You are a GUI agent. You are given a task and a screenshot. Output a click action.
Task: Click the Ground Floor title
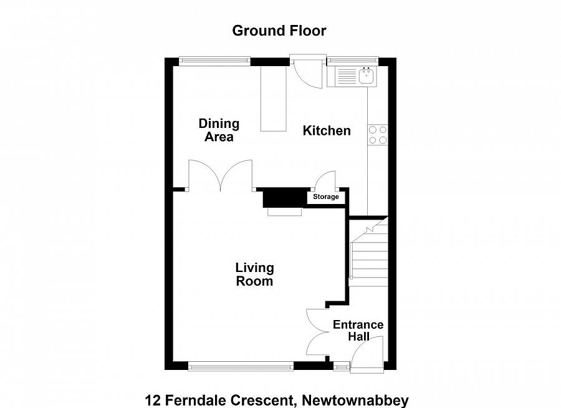tap(279, 31)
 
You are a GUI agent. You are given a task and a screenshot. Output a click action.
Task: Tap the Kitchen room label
tap(327, 130)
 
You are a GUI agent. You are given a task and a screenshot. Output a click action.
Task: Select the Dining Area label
tap(219, 130)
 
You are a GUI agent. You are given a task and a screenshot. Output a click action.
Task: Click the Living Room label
tap(254, 274)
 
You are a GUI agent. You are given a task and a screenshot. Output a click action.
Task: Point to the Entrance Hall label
tap(358, 331)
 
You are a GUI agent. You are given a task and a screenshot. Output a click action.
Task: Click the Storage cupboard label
tap(326, 197)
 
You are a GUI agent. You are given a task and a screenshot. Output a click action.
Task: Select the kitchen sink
tap(367, 77)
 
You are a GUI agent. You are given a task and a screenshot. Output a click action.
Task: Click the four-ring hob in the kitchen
tap(377, 135)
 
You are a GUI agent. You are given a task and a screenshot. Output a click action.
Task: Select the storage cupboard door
tap(325, 182)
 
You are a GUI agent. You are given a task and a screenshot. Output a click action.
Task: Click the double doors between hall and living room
tap(318, 332)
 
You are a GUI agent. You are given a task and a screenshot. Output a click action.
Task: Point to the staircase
tap(368, 253)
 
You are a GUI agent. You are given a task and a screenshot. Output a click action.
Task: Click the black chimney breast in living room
tap(284, 198)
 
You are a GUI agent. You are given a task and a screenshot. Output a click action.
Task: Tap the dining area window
tap(214, 61)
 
